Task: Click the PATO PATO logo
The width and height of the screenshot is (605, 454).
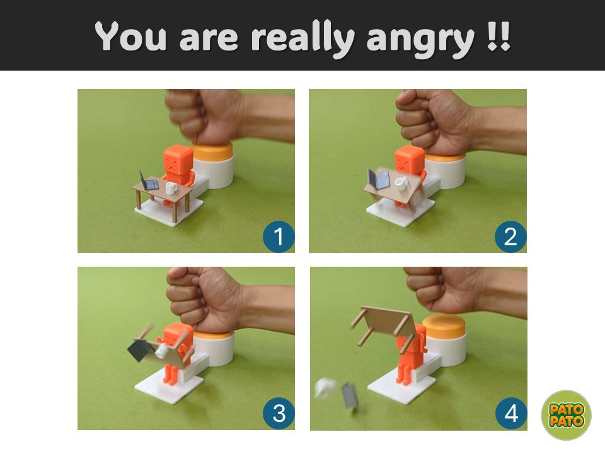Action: [566, 415]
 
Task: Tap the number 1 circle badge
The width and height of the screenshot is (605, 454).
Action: [279, 236]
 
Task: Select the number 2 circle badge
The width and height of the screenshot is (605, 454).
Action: [510, 236]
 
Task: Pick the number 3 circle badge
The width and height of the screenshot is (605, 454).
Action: [279, 413]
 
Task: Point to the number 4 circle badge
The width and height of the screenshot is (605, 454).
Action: [511, 414]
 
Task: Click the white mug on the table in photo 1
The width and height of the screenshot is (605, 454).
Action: [171, 188]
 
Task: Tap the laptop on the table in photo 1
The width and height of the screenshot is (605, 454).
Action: [148, 181]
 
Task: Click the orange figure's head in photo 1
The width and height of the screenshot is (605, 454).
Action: [178, 159]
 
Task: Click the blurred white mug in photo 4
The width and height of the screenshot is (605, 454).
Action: [325, 388]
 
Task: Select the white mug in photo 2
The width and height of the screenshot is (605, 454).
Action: [401, 183]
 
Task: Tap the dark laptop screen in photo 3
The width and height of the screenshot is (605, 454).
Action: [138, 349]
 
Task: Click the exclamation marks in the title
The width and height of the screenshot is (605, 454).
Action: [498, 37]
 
